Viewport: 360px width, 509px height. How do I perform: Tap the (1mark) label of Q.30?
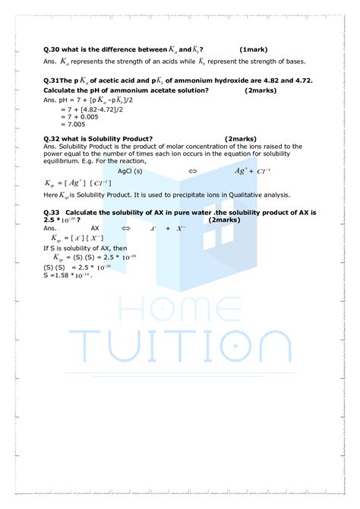(252, 49)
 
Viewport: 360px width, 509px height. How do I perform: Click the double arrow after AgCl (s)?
(192, 172)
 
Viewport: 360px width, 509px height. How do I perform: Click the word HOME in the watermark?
(181, 311)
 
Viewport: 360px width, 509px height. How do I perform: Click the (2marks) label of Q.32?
(240, 139)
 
